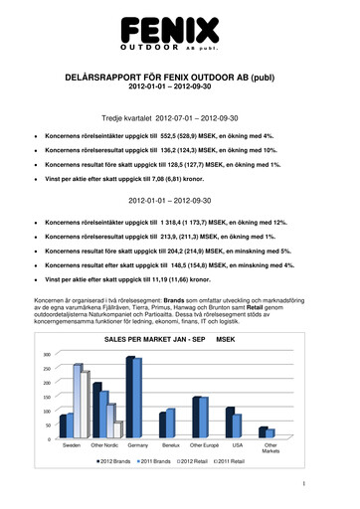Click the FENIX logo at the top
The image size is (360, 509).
[179, 30]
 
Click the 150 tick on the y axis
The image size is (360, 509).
[46, 397]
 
